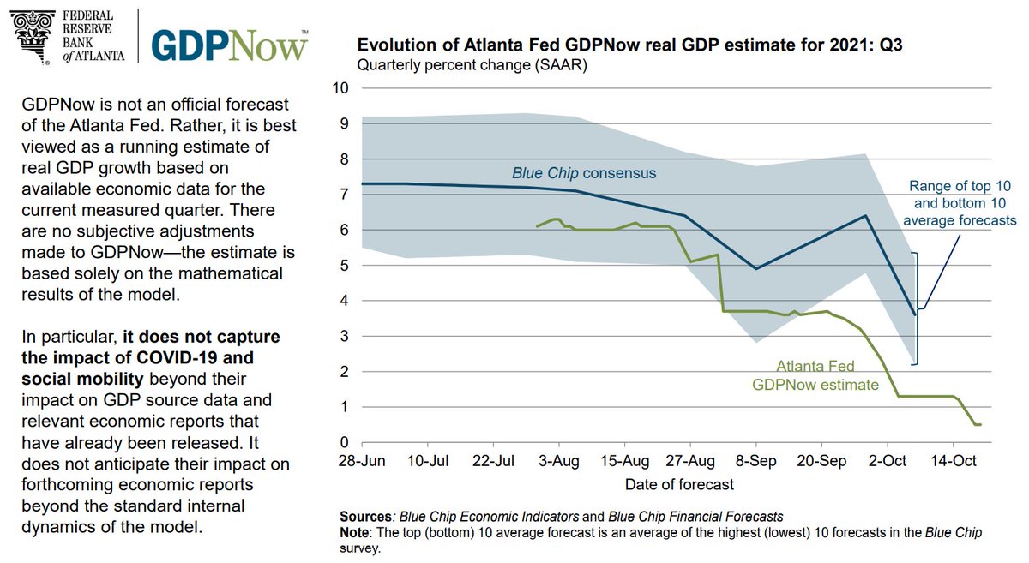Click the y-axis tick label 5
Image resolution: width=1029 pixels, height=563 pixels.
pyautogui.click(x=344, y=266)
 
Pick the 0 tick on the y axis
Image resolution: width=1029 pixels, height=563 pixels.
pyautogui.click(x=344, y=443)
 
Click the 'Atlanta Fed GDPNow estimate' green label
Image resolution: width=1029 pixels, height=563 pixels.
pyautogui.click(x=815, y=375)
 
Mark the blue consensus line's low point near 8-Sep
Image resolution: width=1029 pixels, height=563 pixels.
pyautogui.click(x=756, y=269)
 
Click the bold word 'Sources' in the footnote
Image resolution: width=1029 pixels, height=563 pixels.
pyautogui.click(x=365, y=517)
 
